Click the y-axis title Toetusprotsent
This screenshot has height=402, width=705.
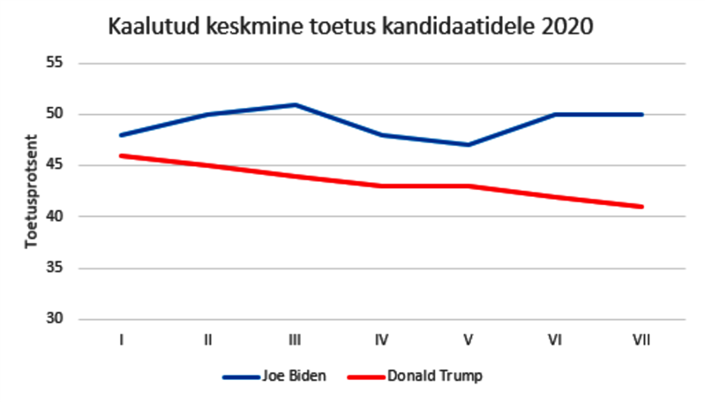[x=30, y=191]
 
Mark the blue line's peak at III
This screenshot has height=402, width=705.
[x=295, y=104]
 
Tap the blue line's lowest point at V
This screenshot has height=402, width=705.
[x=469, y=145]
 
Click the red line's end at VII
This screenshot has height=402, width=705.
[x=642, y=207]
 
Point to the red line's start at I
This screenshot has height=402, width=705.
[x=121, y=155]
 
